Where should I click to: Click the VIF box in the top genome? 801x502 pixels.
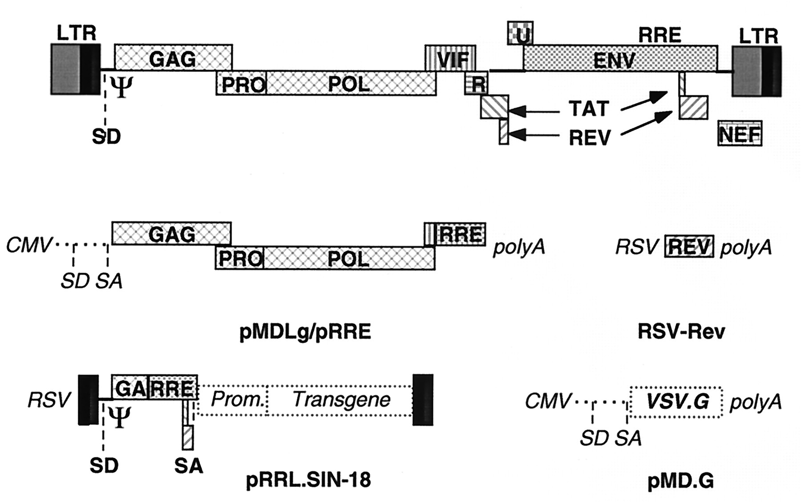click(x=450, y=58)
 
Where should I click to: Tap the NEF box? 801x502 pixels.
click(x=740, y=134)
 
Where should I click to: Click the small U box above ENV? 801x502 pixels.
click(x=520, y=33)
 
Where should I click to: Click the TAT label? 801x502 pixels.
click(x=589, y=109)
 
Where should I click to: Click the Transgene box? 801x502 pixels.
click(x=341, y=400)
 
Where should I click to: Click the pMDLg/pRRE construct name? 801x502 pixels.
click(x=305, y=332)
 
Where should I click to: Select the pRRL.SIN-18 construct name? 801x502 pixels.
click(x=308, y=480)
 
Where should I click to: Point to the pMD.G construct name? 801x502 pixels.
click(x=680, y=481)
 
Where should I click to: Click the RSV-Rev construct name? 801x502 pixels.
click(x=681, y=332)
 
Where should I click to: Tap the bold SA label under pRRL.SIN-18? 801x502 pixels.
click(x=188, y=466)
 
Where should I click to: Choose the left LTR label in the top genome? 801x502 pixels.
click(x=76, y=33)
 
